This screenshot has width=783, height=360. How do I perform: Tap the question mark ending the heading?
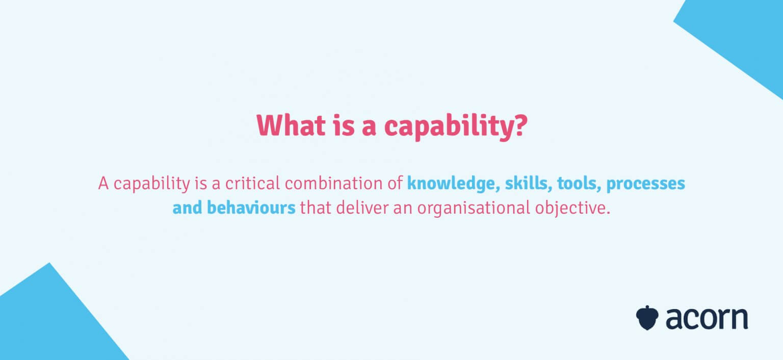(518, 125)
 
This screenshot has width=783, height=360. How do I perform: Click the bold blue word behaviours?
(251, 208)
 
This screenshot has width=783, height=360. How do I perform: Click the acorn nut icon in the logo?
(647, 317)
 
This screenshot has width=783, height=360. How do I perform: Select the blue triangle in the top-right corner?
(745, 36)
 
